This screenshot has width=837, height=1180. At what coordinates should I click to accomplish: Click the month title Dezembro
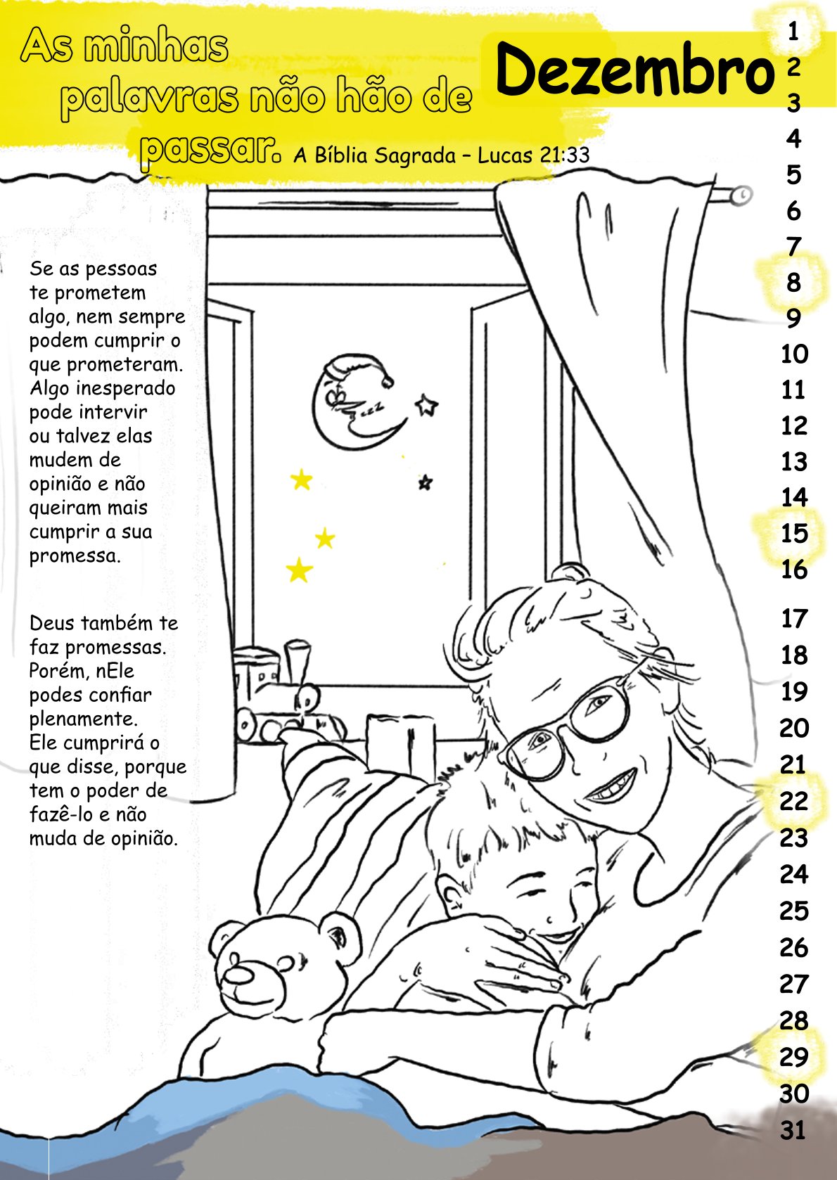point(633,69)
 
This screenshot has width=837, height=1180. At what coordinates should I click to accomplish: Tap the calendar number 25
point(793,911)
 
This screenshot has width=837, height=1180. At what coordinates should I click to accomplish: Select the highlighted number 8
point(793,282)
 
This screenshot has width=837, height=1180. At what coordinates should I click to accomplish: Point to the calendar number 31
point(793,1130)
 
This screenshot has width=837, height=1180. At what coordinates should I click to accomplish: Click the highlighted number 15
point(794,533)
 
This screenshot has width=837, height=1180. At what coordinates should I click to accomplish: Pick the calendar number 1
point(793,32)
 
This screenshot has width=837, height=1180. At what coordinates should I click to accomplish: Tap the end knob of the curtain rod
point(741,195)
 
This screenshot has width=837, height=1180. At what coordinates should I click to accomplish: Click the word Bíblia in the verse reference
point(341,155)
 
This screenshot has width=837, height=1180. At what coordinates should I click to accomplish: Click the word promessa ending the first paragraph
point(74,556)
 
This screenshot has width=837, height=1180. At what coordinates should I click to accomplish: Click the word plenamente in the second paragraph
point(83,719)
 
